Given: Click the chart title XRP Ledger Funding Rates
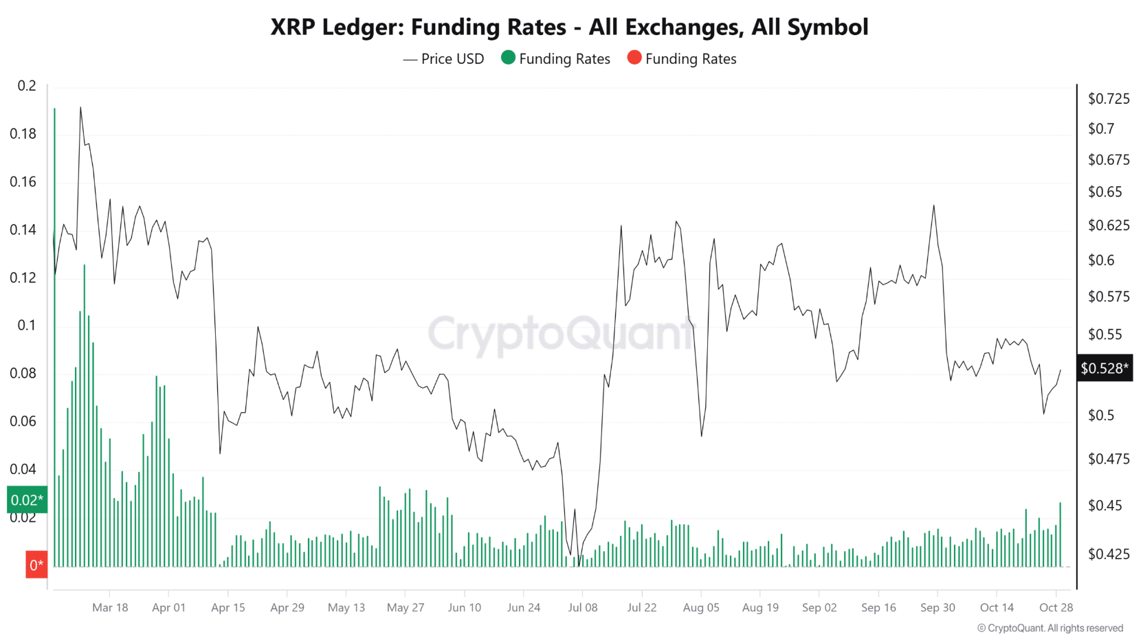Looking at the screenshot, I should coord(569,27).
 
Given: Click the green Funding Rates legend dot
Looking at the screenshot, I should coord(508,58).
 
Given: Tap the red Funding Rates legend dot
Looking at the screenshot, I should coord(634,58).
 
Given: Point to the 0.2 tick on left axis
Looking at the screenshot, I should coord(27,86).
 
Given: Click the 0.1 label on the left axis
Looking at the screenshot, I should coord(27,325).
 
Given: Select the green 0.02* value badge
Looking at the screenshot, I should coord(27,500).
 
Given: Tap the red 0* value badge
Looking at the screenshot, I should coord(36,565).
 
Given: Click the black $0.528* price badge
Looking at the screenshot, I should coord(1104,369).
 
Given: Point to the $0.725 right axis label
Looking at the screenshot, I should coord(1109,99).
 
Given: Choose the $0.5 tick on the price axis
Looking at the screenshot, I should coord(1100,415).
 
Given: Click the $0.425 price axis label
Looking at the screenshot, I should coord(1109,554).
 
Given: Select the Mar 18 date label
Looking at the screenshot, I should coord(110,607).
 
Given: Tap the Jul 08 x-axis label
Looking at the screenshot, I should coord(582,607).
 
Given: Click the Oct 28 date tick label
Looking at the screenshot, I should coord(1056,607).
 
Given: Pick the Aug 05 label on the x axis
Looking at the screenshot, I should coord(701,607).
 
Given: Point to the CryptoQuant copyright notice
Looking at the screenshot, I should coord(1050,628).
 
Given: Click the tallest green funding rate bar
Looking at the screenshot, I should coord(54,337).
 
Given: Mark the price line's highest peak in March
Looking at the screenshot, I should coord(80,108).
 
